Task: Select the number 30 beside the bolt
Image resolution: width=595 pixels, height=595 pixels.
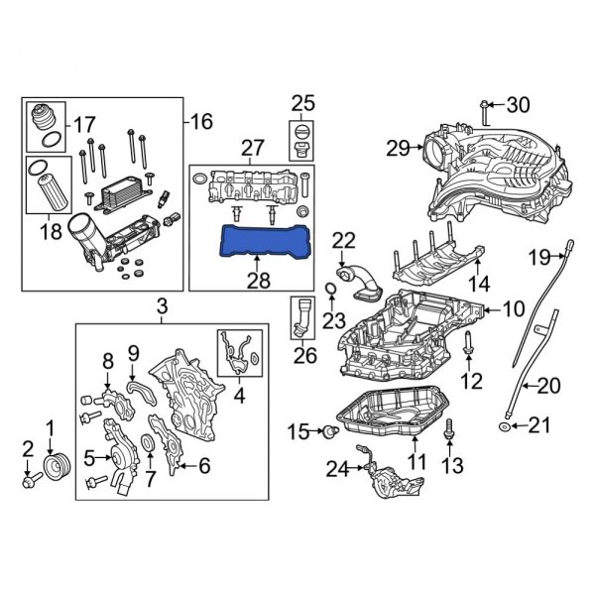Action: tap(519, 104)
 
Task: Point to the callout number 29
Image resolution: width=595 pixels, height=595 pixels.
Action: tap(398, 149)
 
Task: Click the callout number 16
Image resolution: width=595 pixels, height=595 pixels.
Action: tap(202, 122)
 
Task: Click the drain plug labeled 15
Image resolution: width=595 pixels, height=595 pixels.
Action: tap(325, 431)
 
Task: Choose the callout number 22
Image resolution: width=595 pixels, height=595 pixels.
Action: tap(342, 239)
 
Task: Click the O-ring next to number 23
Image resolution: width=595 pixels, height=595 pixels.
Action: tap(329, 290)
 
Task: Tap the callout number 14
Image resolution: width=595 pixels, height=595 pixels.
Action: tap(478, 283)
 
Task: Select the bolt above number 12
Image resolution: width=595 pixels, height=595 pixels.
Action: tap(470, 346)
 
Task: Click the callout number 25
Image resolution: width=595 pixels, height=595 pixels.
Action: tap(301, 102)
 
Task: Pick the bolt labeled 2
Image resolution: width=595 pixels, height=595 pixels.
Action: tap(28, 483)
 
